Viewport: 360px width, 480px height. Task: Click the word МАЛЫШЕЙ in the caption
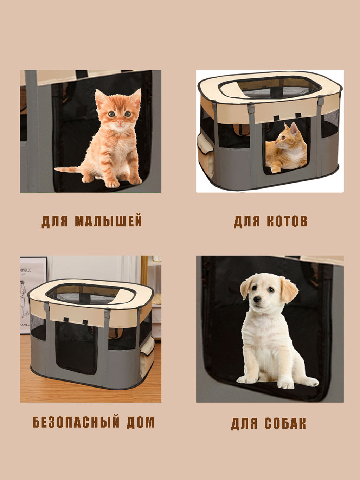pos(108,221)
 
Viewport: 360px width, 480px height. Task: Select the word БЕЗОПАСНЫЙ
pos(76,422)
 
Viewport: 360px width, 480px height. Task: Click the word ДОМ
pos(140,422)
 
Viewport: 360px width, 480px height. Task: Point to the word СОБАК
pos(285,423)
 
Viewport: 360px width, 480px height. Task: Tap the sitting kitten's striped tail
pos(68,169)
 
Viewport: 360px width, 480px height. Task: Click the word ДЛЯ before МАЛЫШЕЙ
pos(54,222)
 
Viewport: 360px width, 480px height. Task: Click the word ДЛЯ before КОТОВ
pos(247,222)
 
